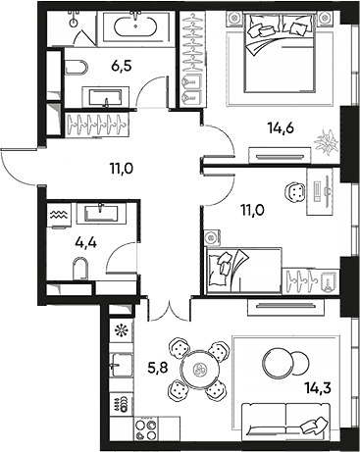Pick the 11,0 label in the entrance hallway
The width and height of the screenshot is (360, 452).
click(123, 168)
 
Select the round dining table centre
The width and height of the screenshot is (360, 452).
click(201, 371)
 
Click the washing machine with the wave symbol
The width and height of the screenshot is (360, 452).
click(56, 210)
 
